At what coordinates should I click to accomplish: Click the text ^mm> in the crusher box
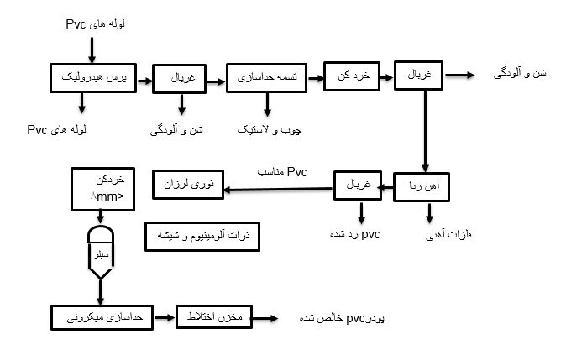(107, 196)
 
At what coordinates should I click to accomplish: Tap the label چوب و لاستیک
(270, 130)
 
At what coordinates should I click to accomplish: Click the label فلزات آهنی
(448, 234)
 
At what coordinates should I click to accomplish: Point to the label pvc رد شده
(354, 234)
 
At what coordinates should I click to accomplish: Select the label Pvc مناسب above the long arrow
(282, 172)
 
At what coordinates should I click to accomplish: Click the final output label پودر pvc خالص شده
(342, 318)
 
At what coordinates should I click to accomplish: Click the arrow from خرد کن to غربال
(387, 77)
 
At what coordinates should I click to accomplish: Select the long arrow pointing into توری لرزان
(278, 189)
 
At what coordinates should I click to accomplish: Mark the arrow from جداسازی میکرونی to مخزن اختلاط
(165, 317)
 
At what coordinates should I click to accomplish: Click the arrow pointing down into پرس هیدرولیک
(92, 50)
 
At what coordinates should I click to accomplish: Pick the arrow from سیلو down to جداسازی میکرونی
(101, 292)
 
